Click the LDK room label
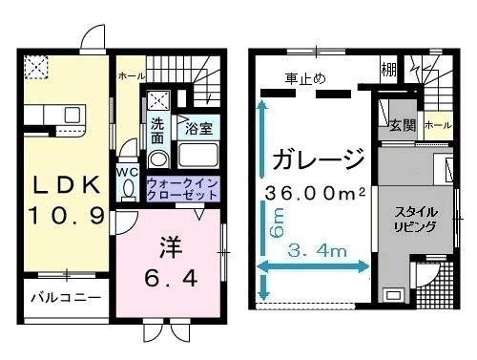click(66, 183)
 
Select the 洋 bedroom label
click(168, 245)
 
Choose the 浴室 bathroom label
click(197, 127)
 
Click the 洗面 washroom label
click(158, 131)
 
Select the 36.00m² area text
click(315, 193)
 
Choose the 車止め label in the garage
click(304, 77)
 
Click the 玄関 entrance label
click(402, 125)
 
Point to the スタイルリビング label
click(417, 220)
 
